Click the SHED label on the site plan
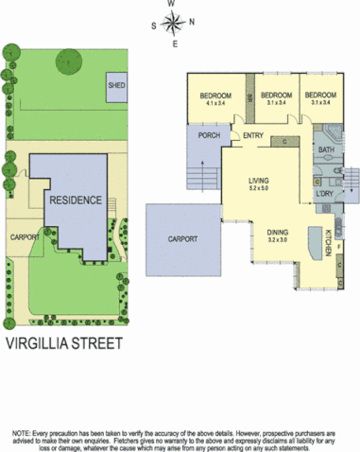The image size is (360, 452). (x=116, y=85)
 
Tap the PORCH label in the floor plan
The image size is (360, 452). (x=210, y=136)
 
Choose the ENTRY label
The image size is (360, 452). (x=252, y=136)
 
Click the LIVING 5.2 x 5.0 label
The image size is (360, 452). (x=259, y=184)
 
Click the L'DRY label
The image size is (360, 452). (x=325, y=195)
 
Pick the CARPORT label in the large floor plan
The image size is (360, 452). (x=183, y=239)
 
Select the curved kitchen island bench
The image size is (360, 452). (x=313, y=246)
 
